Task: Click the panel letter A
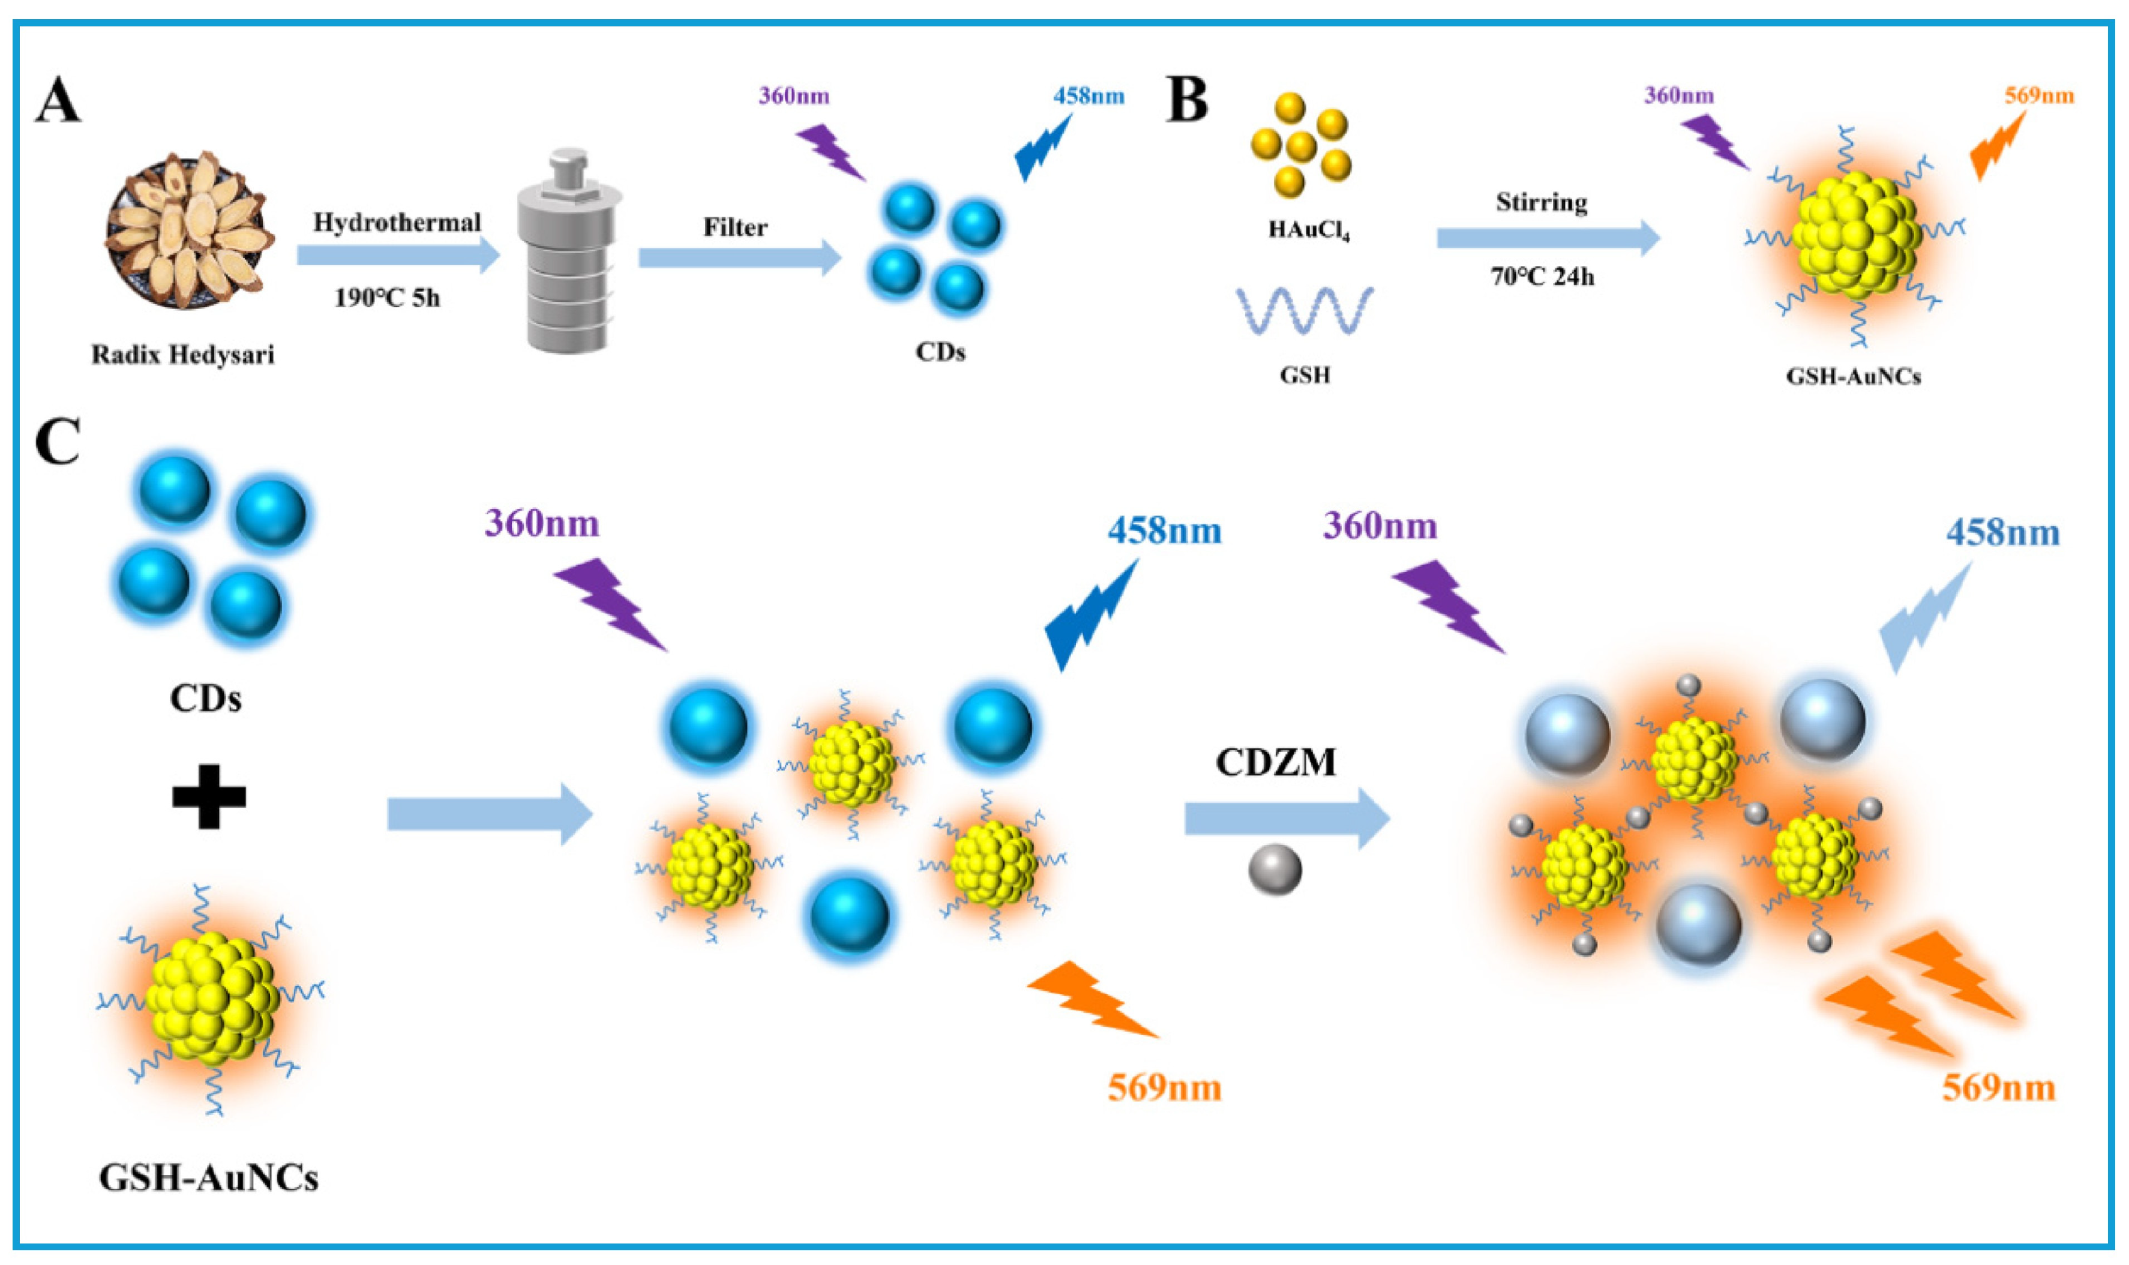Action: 58,101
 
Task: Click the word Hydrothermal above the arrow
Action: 397,223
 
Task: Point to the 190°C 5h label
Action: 387,298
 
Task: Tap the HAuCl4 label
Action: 1308,230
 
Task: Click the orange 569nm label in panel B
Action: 2038,95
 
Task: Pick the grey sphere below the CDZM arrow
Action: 1275,870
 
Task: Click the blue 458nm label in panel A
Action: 1089,95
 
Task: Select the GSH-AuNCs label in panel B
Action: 1854,376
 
